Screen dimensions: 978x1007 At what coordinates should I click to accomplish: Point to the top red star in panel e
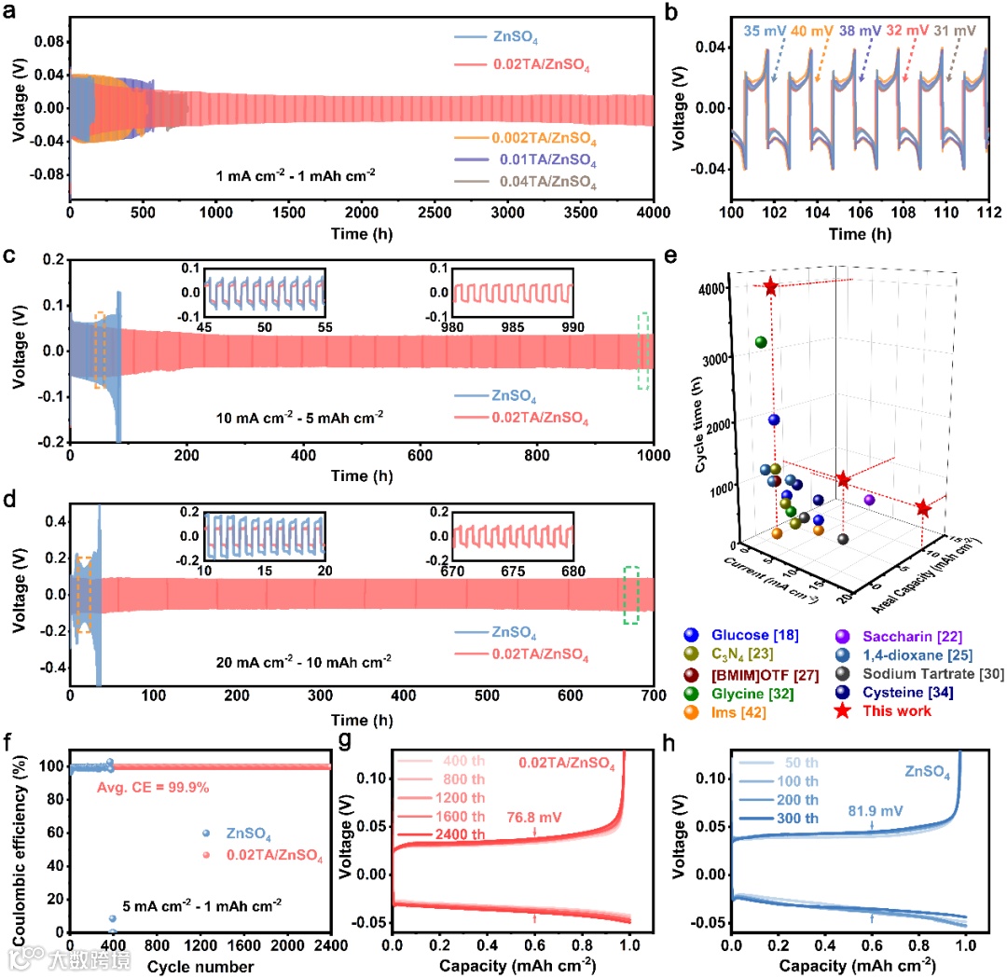(771, 287)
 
